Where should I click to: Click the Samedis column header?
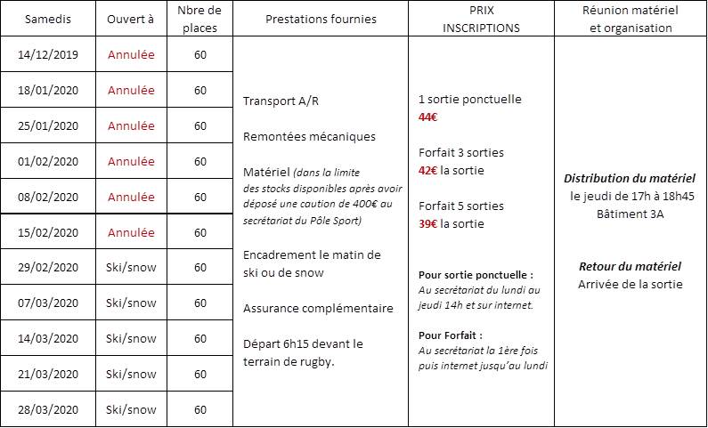[x=48, y=19]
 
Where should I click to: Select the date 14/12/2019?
[x=48, y=54]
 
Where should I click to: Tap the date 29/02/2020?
[x=48, y=267]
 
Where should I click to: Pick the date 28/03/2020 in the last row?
[x=48, y=409]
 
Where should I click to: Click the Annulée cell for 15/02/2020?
[x=131, y=232]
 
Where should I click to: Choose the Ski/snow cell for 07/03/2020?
[x=131, y=303]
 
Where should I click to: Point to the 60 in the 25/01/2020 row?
[x=200, y=125]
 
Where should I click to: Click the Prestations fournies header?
[x=321, y=19]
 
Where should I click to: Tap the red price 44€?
[x=428, y=117]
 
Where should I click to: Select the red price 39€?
[x=428, y=223]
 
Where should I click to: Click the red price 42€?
[x=428, y=170]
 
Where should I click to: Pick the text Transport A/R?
[x=281, y=101]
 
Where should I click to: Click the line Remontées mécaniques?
[x=309, y=136]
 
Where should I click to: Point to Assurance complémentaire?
[x=318, y=309]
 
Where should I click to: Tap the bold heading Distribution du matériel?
[x=631, y=179]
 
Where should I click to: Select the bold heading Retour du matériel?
[x=630, y=266]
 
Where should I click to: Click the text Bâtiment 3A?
[x=631, y=214]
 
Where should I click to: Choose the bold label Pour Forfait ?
[x=451, y=335]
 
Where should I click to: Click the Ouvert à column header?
[x=130, y=19]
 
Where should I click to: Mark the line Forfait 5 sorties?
[x=461, y=206]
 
